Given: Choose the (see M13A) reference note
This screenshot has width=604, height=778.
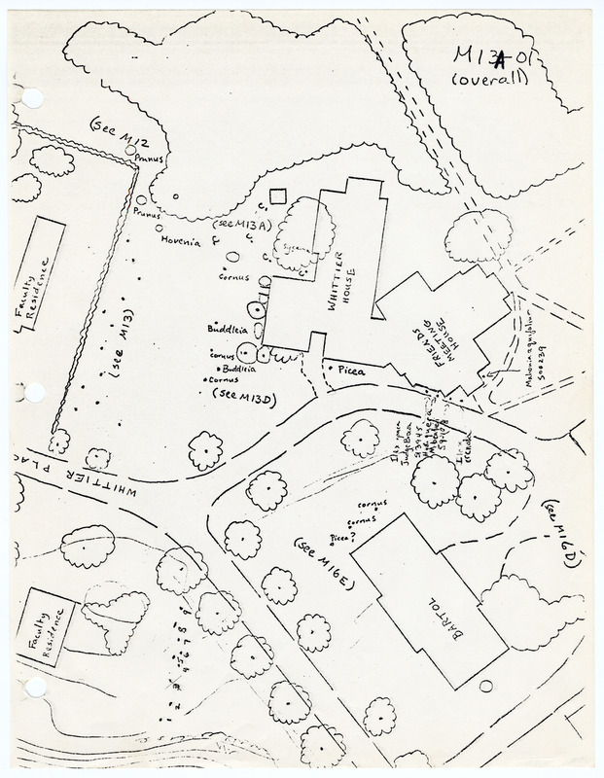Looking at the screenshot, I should tap(243, 226).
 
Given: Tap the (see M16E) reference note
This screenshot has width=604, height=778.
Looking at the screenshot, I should tap(327, 561).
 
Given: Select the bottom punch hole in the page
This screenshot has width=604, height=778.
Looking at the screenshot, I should tap(36, 688).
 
